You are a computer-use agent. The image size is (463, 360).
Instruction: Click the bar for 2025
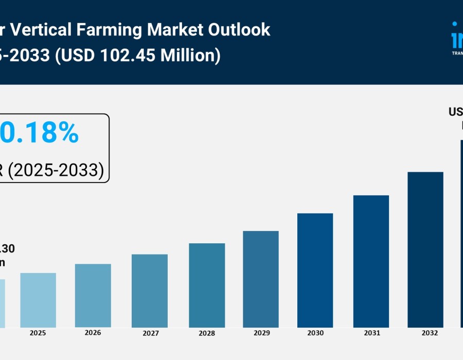point(38,300)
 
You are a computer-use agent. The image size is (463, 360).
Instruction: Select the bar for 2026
point(93,296)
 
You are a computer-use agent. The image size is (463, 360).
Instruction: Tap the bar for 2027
point(150,291)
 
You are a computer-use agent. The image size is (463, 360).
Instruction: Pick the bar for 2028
point(207,285)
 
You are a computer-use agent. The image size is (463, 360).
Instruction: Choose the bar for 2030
point(315,271)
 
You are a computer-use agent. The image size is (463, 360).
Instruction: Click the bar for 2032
point(425,250)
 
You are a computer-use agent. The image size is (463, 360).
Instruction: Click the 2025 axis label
point(38,333)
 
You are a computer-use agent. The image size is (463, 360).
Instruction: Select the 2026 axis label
point(93,333)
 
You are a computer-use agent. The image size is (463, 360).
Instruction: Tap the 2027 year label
point(151,334)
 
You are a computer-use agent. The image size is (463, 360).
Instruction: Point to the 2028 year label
point(207,334)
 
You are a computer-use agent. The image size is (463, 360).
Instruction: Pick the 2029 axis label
point(262,333)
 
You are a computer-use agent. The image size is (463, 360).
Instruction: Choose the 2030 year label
point(315,333)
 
